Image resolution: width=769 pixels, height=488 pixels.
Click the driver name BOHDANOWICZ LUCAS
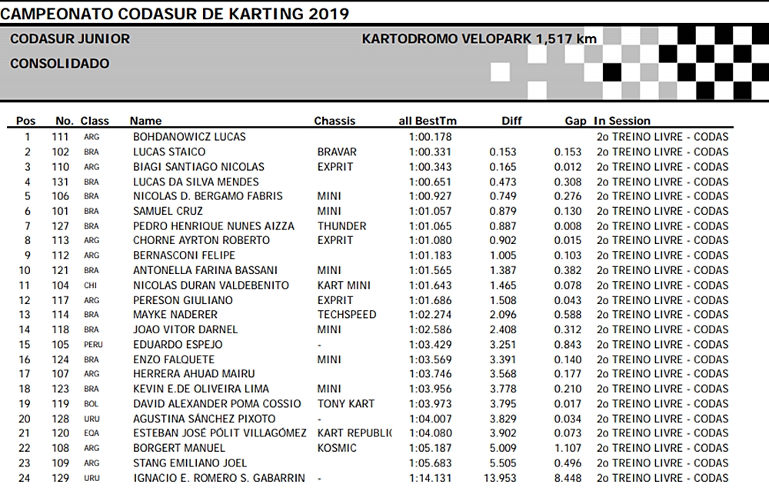[189, 137]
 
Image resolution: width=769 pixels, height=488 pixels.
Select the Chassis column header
[335, 121]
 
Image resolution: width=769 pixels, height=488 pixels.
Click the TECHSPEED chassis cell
[347, 315]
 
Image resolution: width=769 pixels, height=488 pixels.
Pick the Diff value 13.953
[500, 478]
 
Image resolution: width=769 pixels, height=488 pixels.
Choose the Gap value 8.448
[568, 478]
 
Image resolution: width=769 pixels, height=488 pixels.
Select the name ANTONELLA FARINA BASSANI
[205, 271]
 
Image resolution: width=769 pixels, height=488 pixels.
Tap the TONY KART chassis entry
[345, 404]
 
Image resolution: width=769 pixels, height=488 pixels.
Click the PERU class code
[93, 345]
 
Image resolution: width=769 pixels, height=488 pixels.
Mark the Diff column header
[511, 121]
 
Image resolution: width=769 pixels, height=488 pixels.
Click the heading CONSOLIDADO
[60, 64]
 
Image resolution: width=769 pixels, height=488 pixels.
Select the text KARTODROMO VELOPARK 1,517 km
[479, 38]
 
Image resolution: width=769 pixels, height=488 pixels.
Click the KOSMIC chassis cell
[337, 448]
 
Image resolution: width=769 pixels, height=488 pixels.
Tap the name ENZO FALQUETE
[174, 359]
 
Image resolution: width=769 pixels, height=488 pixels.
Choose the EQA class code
[92, 434]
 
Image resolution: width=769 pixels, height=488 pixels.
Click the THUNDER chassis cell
[341, 226]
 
